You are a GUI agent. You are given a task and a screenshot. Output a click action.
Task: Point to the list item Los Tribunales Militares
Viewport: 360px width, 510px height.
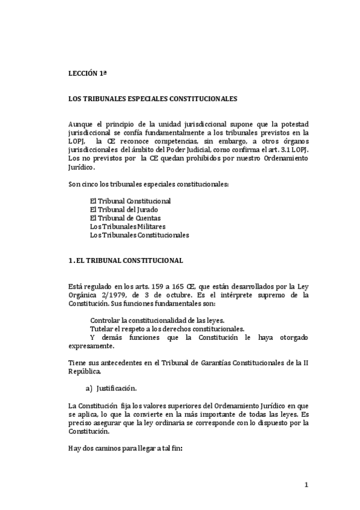[x=127, y=227]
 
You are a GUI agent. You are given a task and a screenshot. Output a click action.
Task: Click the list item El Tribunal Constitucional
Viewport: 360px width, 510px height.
[x=130, y=200]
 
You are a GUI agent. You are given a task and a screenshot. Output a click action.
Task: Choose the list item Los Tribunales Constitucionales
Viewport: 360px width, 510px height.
[x=139, y=235]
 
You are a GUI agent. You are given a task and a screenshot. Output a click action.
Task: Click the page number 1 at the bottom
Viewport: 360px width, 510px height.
[x=306, y=485]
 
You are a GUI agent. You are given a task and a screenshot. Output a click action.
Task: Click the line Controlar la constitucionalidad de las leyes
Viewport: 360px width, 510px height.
[x=157, y=320]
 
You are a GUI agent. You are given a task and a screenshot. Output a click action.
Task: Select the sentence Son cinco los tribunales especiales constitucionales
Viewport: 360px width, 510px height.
[x=148, y=183]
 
